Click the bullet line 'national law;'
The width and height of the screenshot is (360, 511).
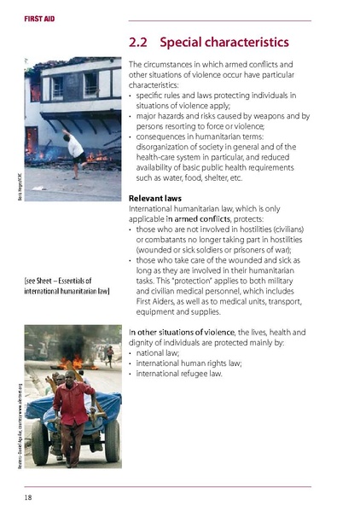[x=162, y=362]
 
